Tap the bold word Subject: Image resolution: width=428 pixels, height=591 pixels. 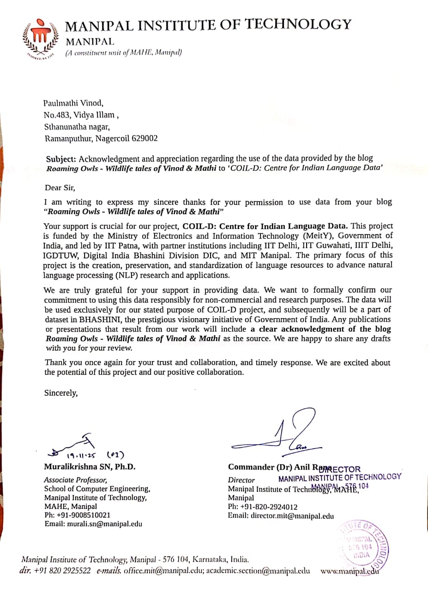pos(61,158)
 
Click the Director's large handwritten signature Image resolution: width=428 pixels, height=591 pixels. pos(277,432)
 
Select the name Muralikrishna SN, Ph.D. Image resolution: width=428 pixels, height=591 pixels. pos(90,466)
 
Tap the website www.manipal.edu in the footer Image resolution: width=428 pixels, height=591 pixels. pos(350,570)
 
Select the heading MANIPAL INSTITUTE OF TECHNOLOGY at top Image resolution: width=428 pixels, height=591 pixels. pos(208,24)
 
